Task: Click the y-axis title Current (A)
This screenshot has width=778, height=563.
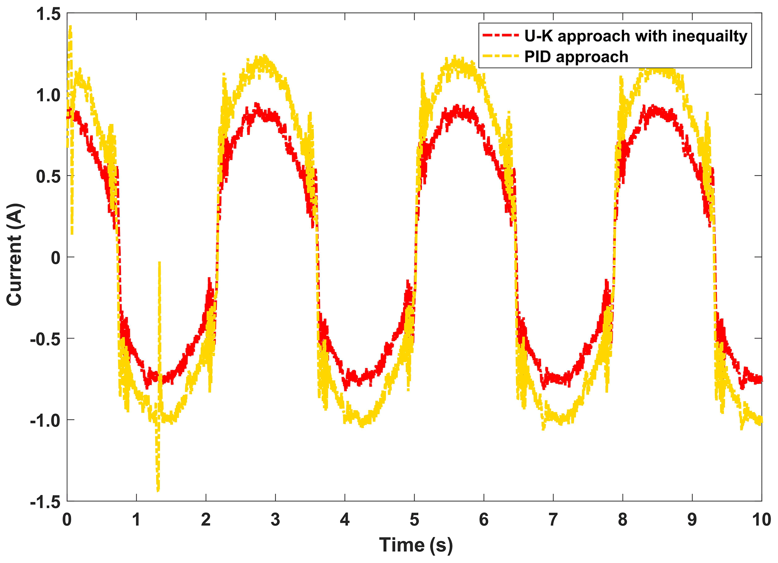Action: (14, 255)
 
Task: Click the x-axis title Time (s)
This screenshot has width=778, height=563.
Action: (416, 545)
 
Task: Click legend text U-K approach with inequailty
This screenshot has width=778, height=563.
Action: (635, 36)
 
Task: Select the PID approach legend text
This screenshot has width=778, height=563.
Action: (576, 57)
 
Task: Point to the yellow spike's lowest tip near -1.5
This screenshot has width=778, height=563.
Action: (158, 490)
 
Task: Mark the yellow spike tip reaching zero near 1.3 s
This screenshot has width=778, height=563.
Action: (160, 262)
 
